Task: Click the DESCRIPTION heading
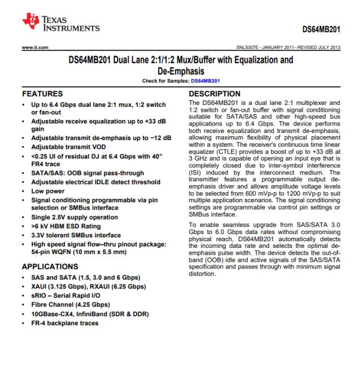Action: (x=214, y=95)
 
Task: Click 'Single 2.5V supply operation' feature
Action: (x=74, y=217)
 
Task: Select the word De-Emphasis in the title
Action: (x=180, y=71)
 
